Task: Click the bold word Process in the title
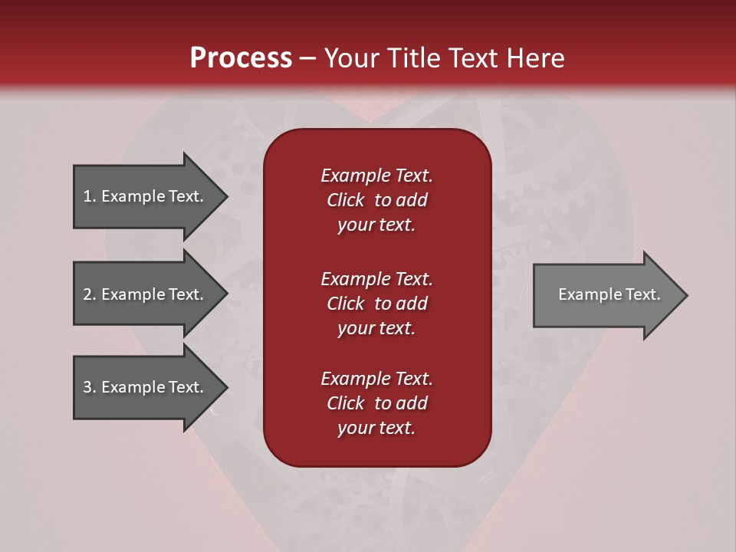coord(241,58)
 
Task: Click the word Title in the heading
coord(411,58)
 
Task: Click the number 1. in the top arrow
coord(90,196)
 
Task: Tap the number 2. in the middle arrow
coord(90,294)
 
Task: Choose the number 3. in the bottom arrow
coord(90,387)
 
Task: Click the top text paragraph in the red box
coord(376,200)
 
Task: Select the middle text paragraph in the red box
coord(376,304)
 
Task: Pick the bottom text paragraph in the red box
coord(376,403)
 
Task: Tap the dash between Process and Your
coord(307,58)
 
